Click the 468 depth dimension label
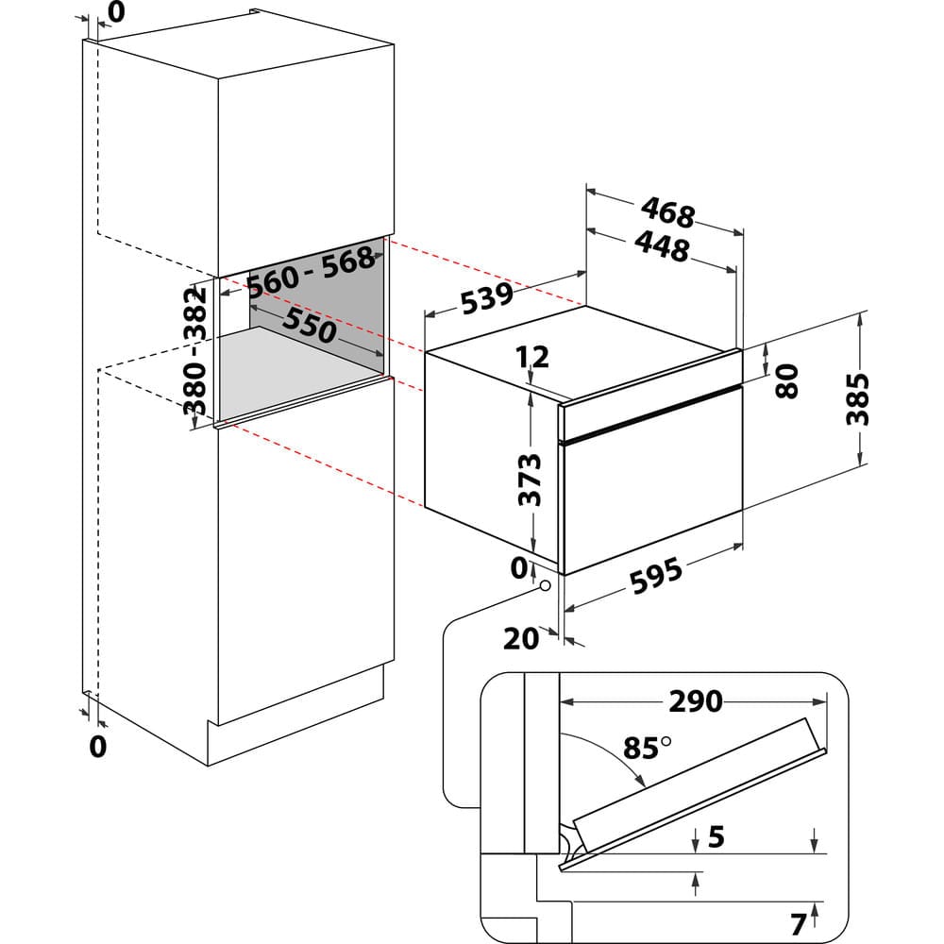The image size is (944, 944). (x=667, y=211)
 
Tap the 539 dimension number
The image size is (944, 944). (x=487, y=298)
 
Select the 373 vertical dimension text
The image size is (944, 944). (x=531, y=480)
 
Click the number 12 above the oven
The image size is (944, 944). (x=532, y=357)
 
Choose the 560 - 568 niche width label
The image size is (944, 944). (x=311, y=271)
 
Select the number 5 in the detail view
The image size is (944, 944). (x=716, y=836)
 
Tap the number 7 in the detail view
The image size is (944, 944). (x=798, y=920)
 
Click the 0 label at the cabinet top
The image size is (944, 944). (x=116, y=11)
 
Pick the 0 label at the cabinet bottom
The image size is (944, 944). (x=97, y=746)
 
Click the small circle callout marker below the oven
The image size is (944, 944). (x=545, y=585)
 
